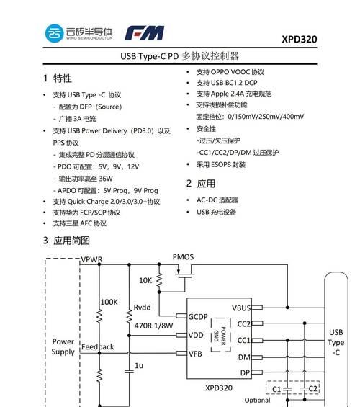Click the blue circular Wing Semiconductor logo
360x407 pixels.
point(54,33)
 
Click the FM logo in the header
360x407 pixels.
point(145,33)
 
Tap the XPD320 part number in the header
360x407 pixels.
point(300,39)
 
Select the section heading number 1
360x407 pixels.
point(45,78)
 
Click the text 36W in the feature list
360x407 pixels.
point(106,179)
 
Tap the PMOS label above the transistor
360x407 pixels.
point(183,257)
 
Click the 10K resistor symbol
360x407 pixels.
point(159,280)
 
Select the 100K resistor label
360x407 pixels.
point(109,302)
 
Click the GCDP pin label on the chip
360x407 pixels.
point(198,317)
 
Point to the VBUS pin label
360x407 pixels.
point(241,308)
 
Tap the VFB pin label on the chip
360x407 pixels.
point(195,354)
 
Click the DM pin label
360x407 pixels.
point(244,357)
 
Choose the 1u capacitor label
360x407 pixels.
point(139,365)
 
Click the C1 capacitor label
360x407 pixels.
point(276,389)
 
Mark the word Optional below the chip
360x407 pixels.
point(257,401)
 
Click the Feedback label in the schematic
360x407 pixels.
point(97,346)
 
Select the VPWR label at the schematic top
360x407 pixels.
point(91,259)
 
